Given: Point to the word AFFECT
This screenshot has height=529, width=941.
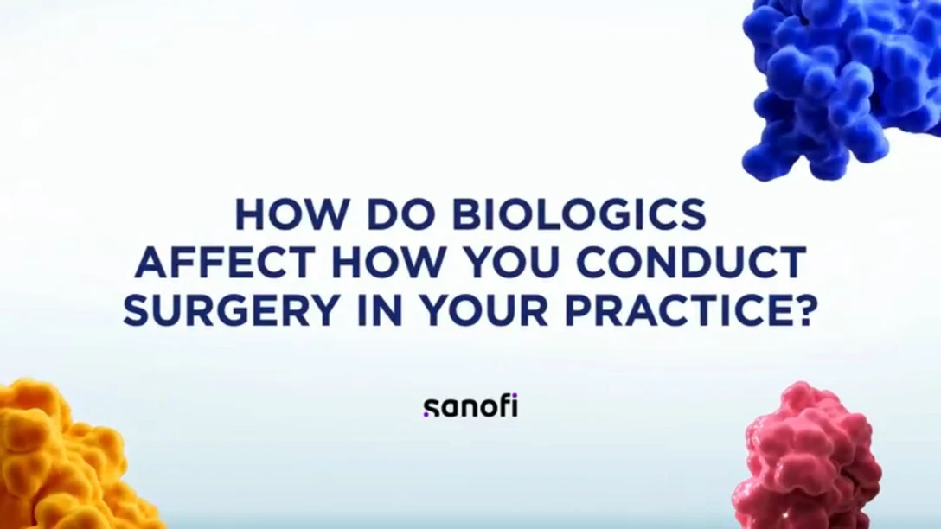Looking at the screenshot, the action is pos(225,262).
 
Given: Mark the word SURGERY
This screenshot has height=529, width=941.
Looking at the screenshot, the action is pos(231,310).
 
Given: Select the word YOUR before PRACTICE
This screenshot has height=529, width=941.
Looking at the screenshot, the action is pos(483,310).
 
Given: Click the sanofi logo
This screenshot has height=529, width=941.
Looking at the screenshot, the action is pos(470,406).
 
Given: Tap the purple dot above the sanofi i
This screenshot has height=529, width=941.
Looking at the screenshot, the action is pos(514,396).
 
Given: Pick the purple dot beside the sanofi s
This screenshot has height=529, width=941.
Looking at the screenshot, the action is pos(426,413).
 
